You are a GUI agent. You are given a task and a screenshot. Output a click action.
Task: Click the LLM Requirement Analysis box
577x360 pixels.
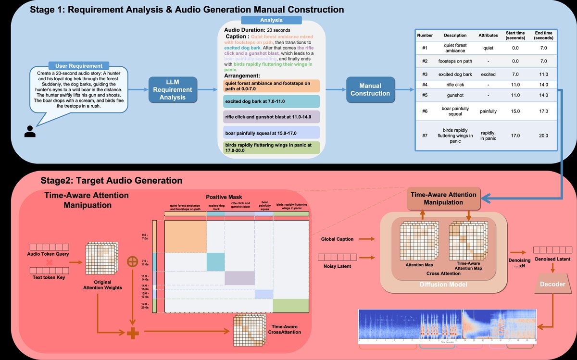173,89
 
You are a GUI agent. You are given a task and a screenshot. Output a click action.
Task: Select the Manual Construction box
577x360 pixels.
370,89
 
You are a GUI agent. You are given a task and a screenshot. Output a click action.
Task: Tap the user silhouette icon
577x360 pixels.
30,131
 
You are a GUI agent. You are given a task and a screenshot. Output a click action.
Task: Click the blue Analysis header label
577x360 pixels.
271,21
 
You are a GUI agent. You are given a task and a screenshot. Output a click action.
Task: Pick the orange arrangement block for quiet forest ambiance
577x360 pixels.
272,86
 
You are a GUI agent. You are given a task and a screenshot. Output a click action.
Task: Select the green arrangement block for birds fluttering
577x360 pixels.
272,148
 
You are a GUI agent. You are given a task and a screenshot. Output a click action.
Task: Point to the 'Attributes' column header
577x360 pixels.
488,35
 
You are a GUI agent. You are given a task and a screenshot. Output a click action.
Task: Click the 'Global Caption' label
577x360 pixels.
338,239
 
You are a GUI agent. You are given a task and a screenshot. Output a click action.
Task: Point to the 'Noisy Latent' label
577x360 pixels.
338,266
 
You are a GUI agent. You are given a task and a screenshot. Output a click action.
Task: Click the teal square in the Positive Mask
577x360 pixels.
216,261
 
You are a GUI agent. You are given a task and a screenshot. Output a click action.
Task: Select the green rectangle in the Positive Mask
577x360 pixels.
290,305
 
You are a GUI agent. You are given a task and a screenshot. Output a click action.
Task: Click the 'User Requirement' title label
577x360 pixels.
79,65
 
